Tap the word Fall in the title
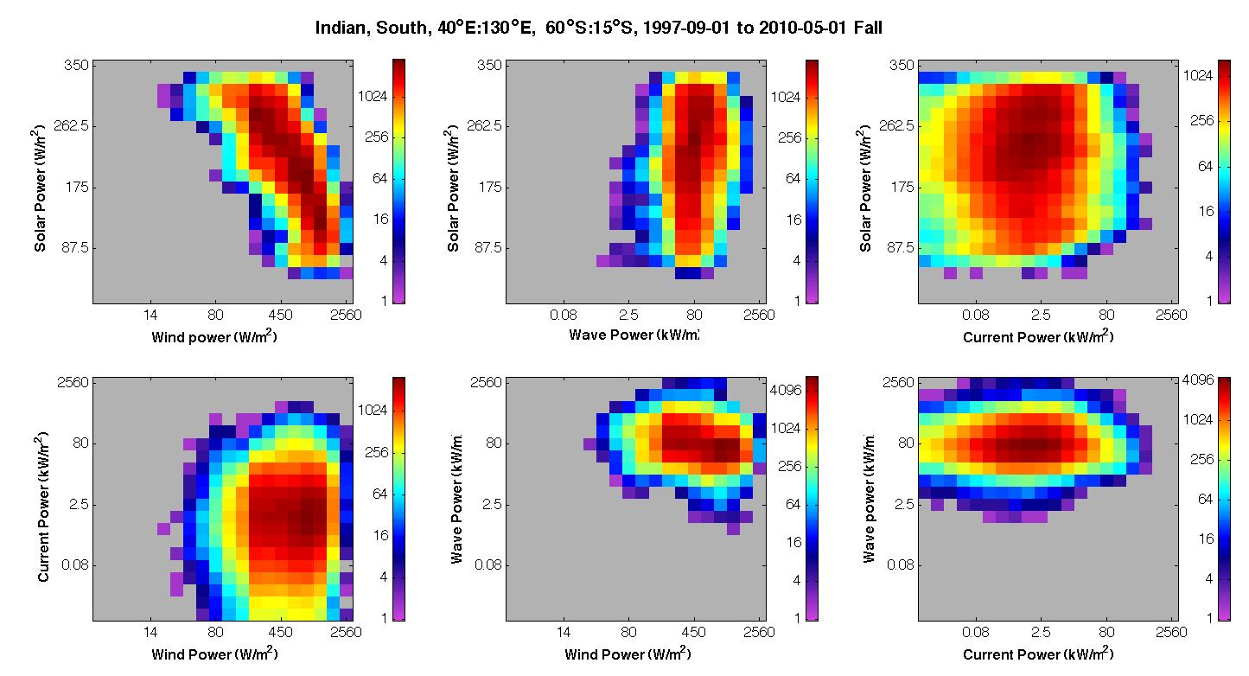(868, 28)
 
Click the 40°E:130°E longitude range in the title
(487, 28)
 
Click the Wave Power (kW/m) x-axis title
(634, 335)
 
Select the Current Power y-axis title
(42, 507)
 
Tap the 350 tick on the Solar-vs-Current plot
(901, 65)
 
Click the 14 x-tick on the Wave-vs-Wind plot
(564, 632)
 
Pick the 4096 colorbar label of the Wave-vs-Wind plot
(785, 390)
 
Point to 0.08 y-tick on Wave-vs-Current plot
(901, 565)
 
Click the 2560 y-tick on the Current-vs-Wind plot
(73, 383)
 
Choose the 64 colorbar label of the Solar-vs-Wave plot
(793, 178)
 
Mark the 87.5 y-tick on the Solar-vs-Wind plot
(75, 247)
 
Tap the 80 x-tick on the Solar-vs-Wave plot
(694, 316)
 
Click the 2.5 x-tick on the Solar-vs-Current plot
(1041, 316)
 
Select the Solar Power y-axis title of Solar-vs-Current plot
(865, 188)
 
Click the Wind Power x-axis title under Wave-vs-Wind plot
(628, 654)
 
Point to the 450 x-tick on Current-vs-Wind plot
(280, 632)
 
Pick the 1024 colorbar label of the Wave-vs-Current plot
(1198, 419)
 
